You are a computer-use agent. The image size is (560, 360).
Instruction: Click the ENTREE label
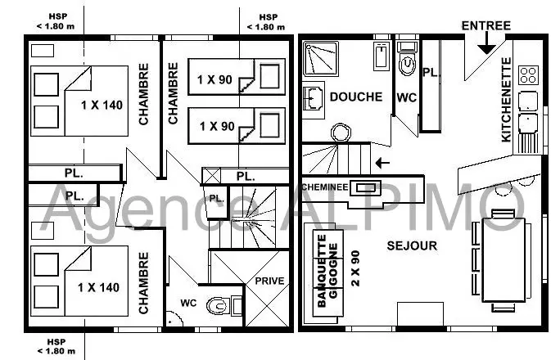(x=486, y=25)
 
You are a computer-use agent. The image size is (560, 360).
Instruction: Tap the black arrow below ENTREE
(x=487, y=43)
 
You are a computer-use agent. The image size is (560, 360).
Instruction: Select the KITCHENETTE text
(x=507, y=100)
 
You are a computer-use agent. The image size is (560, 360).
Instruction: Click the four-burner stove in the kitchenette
(x=528, y=75)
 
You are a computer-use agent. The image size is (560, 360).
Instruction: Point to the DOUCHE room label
(x=355, y=97)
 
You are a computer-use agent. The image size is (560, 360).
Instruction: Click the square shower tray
(x=320, y=59)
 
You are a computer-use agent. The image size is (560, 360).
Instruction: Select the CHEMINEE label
(x=325, y=187)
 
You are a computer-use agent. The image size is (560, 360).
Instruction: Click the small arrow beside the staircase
(x=382, y=163)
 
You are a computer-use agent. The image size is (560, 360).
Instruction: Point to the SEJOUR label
(x=412, y=245)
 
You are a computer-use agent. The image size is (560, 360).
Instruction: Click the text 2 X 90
(x=355, y=268)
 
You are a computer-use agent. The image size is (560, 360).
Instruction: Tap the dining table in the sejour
(x=504, y=260)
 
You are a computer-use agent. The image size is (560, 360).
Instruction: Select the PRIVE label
(x=269, y=281)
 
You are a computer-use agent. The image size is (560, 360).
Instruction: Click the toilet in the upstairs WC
(x=217, y=306)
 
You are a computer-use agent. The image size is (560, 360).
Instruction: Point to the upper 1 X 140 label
(x=102, y=106)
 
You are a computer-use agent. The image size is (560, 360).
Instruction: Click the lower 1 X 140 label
(x=98, y=287)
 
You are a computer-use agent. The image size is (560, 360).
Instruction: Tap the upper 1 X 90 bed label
(x=215, y=79)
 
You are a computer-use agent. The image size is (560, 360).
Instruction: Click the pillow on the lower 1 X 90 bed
(x=269, y=125)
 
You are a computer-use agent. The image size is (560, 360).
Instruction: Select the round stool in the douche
(x=341, y=133)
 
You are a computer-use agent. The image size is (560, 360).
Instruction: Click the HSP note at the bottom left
(x=56, y=346)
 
